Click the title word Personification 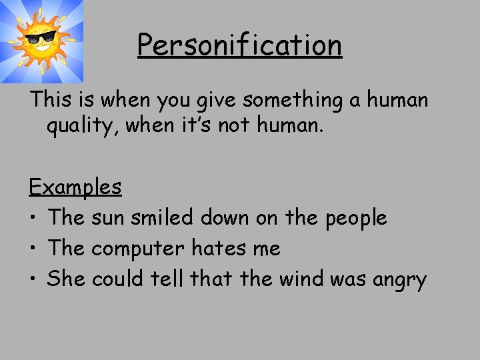click(x=239, y=46)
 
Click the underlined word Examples click(x=75, y=186)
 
